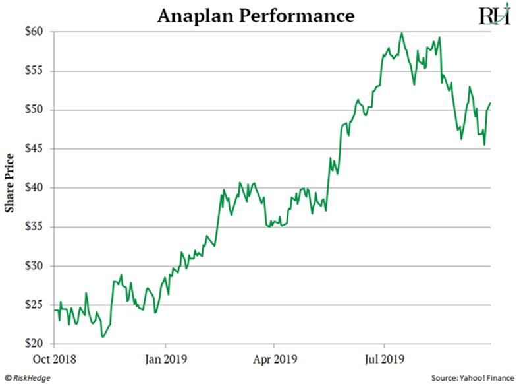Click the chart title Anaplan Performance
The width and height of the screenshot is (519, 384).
tap(257, 15)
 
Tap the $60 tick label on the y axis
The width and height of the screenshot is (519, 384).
tap(34, 32)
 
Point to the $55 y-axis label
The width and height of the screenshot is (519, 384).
tap(34, 71)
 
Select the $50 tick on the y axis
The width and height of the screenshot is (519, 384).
tap(34, 110)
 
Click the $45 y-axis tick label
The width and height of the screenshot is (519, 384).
tap(34, 149)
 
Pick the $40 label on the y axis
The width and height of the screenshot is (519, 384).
tap(34, 188)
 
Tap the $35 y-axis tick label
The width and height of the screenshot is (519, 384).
tap(34, 227)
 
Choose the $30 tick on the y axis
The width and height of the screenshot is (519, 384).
tap(34, 267)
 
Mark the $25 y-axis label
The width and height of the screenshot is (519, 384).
tap(34, 305)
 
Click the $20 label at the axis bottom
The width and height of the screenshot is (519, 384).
tap(34, 344)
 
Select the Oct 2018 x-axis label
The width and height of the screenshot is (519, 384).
tap(53, 360)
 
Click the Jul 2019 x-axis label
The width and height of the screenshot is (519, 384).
tap(384, 360)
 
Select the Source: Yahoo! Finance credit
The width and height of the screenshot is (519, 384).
tap(473, 379)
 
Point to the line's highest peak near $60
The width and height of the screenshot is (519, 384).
tap(402, 33)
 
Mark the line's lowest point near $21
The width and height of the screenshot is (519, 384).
tap(102, 337)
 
